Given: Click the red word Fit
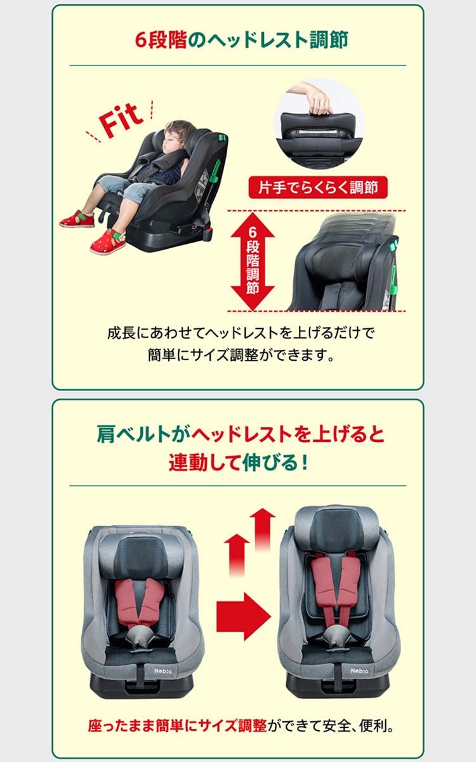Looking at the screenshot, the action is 121,120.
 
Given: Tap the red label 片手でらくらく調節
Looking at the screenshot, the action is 318,187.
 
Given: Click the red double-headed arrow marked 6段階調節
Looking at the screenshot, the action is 253,261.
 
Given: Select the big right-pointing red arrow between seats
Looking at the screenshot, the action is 244,616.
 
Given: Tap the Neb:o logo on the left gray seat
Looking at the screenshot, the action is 163,671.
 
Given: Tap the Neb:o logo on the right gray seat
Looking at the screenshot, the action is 359,671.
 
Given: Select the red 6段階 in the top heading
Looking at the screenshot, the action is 161,40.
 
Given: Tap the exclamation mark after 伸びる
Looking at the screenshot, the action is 305,462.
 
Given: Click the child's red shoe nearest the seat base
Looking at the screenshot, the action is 108,241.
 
